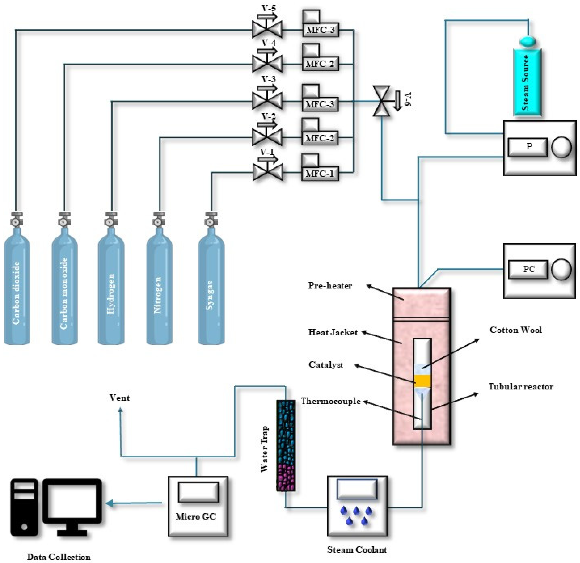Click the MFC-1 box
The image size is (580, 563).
320,174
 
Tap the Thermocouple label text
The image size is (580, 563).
331,401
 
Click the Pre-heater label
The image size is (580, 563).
330,286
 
